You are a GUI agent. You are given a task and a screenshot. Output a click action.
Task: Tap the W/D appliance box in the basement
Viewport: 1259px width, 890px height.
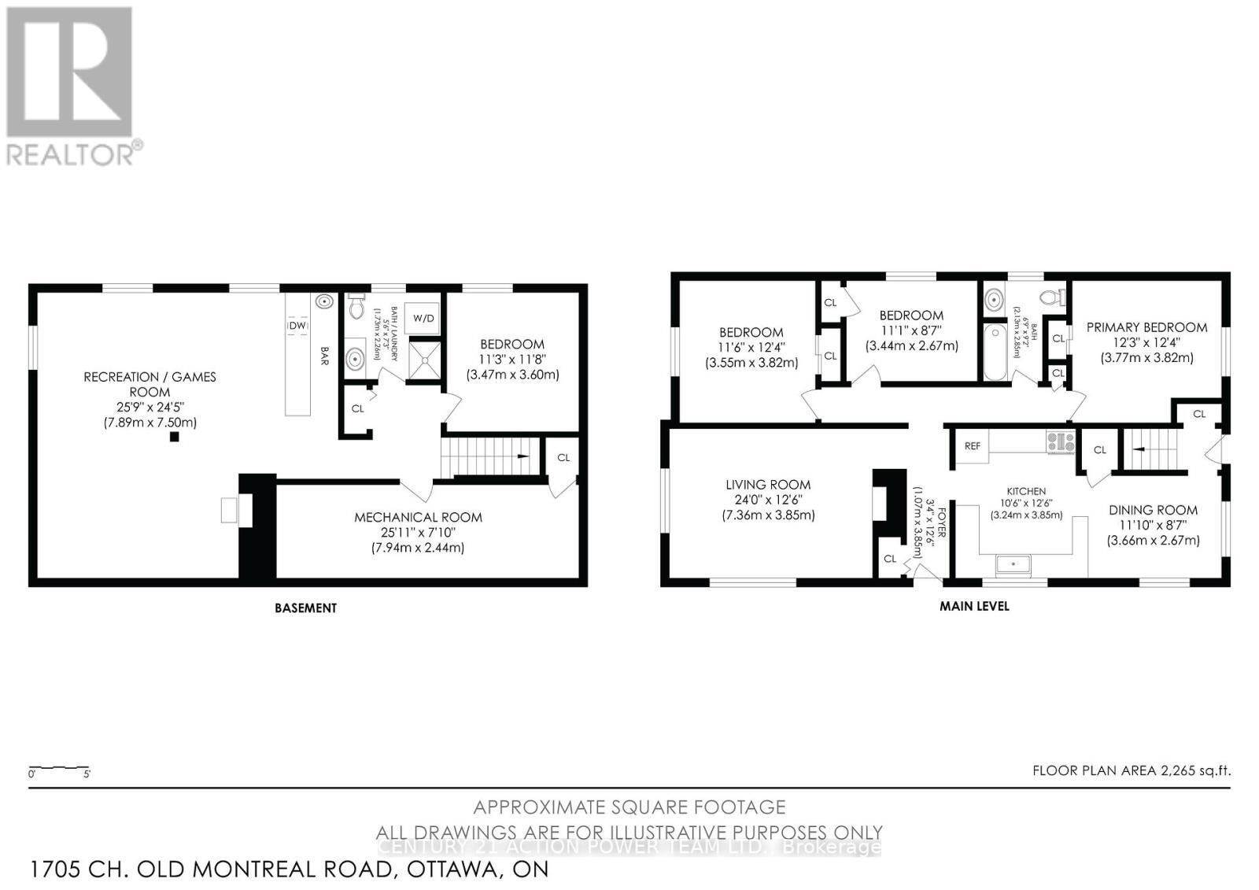coord(423,319)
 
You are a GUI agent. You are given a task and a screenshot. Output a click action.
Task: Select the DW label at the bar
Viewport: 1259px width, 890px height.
coord(297,326)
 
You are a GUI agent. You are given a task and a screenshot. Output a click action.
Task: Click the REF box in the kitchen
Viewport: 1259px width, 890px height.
coord(973,446)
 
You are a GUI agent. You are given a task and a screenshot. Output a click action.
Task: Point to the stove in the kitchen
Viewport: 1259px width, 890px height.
coord(1061,442)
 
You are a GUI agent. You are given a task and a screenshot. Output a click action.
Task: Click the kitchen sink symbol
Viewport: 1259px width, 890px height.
coord(1013,564)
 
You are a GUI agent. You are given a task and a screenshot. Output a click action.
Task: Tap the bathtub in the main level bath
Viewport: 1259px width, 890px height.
coord(995,352)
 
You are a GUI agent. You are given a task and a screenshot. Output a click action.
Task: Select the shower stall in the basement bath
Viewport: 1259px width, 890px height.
coord(423,360)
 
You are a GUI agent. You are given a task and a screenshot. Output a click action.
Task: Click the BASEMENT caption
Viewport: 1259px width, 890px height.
coord(305,608)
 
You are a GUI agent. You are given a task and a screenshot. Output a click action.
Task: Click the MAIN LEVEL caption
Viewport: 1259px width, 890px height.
coord(974,607)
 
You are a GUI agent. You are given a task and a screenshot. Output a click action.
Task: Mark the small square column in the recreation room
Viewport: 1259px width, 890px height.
coord(174,438)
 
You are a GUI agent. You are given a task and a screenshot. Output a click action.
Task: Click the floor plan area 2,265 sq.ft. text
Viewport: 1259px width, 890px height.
coord(1132,770)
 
